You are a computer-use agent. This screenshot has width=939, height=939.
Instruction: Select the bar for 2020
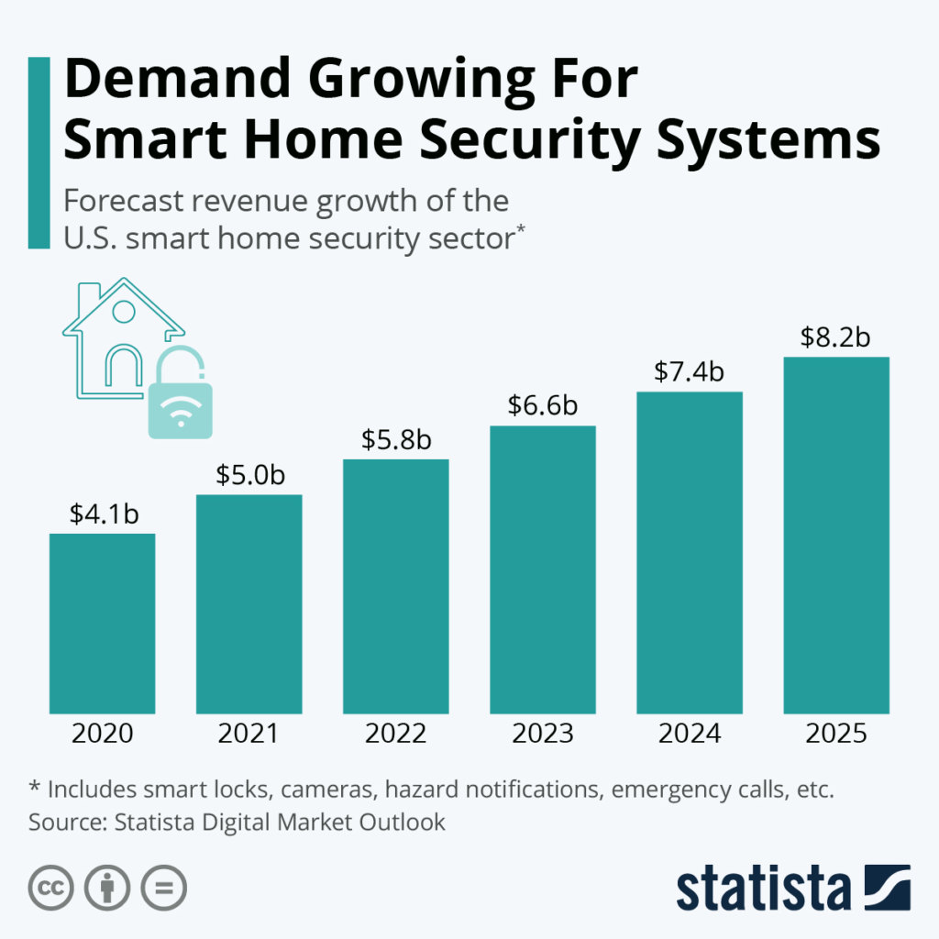102,623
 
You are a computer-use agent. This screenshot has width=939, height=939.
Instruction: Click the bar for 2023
542,569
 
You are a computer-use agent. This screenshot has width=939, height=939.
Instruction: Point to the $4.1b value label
104,514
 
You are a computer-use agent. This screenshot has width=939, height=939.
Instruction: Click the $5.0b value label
250,475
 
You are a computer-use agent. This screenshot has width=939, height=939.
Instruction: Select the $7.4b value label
690,371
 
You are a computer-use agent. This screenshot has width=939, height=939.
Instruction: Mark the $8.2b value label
835,337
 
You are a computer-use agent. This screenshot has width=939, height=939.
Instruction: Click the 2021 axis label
249,735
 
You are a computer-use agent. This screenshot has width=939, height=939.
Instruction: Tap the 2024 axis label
690,735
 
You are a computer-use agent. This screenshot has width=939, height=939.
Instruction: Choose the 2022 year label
396,735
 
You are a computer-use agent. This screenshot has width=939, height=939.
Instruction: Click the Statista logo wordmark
763,888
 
